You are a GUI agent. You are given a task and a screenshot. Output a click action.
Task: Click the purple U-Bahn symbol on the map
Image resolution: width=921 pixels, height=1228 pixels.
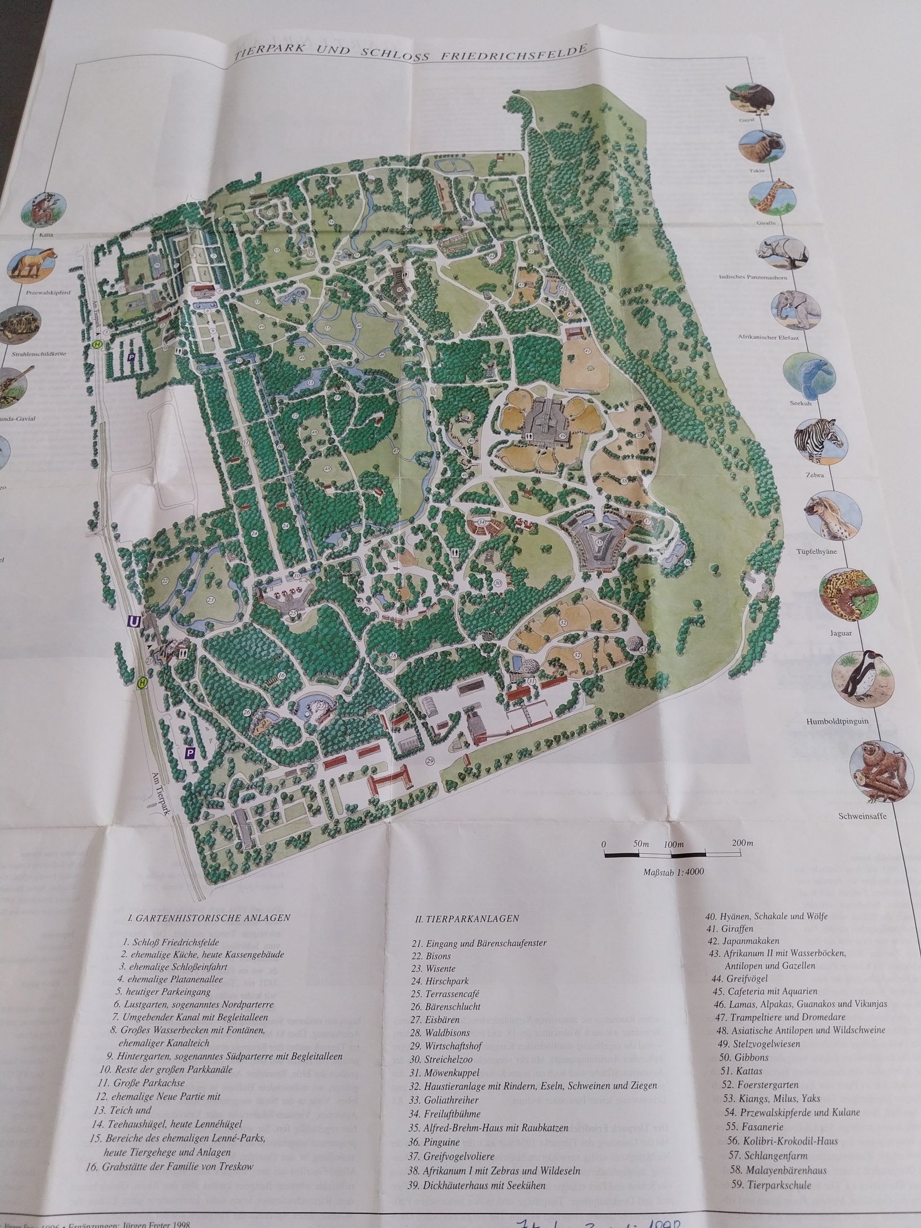(134, 622)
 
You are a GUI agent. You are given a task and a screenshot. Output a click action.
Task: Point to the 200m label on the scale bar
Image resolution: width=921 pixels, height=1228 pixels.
(742, 843)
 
